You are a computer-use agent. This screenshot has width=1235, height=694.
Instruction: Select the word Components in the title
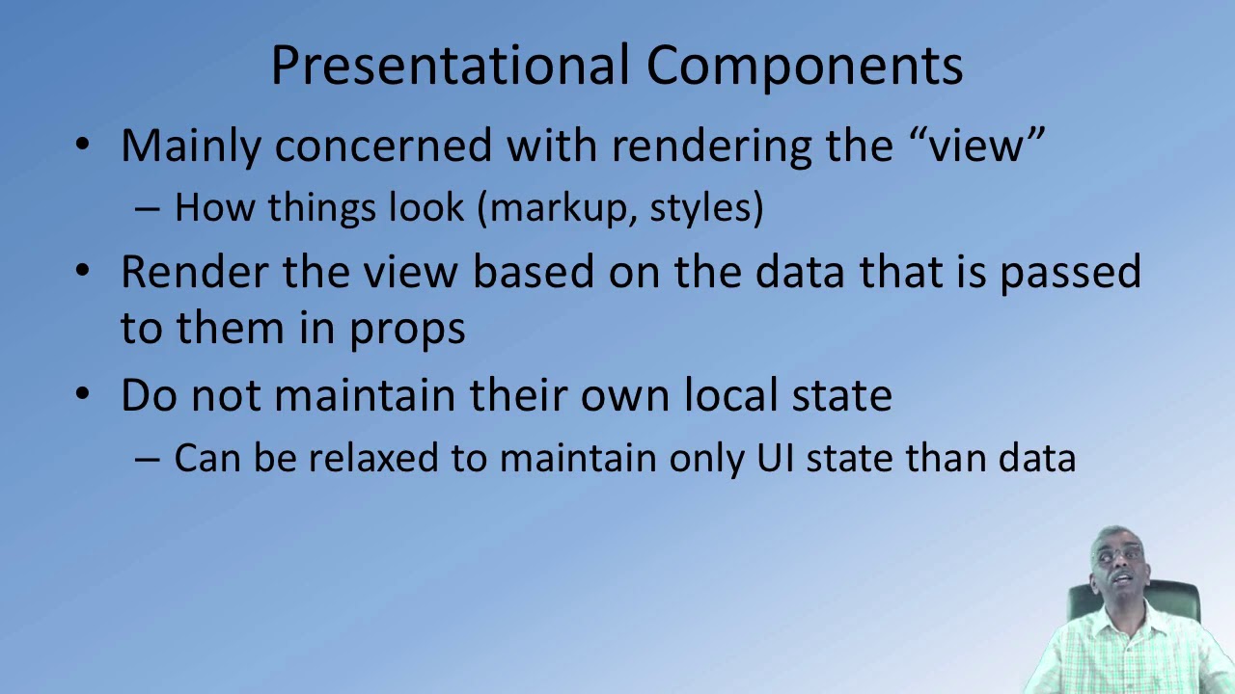pos(804,66)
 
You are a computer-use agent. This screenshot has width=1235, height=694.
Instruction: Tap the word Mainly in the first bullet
pos(191,146)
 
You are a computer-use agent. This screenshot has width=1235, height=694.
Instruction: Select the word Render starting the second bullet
pos(194,272)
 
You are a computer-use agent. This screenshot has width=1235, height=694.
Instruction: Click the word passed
pos(1070,272)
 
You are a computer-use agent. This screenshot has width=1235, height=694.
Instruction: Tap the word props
pos(406,328)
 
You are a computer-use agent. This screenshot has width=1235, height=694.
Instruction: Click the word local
pos(731,395)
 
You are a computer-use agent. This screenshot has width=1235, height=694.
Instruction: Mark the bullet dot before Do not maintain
pos(84,394)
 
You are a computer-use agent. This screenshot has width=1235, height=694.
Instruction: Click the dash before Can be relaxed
pos(147,459)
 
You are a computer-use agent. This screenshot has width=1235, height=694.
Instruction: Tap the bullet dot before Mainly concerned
pos(84,145)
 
